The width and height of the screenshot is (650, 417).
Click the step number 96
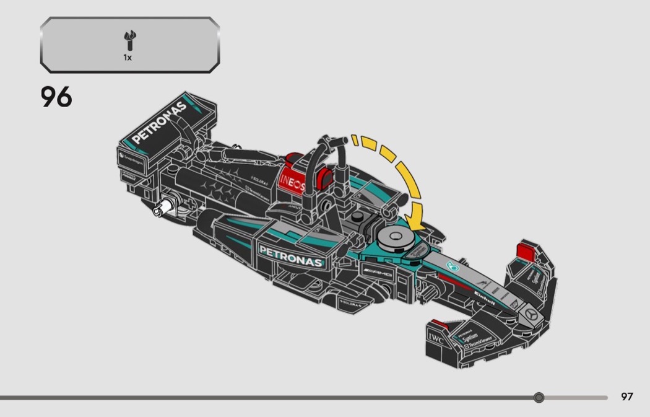coord(56,97)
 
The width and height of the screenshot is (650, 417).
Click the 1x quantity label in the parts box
coord(127,57)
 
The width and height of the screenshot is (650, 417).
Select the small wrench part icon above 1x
coord(129,42)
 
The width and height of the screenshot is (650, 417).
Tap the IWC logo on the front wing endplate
coord(435,338)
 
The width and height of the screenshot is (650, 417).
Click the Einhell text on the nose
coord(485,297)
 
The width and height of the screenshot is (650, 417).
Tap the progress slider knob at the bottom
coord(539,397)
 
